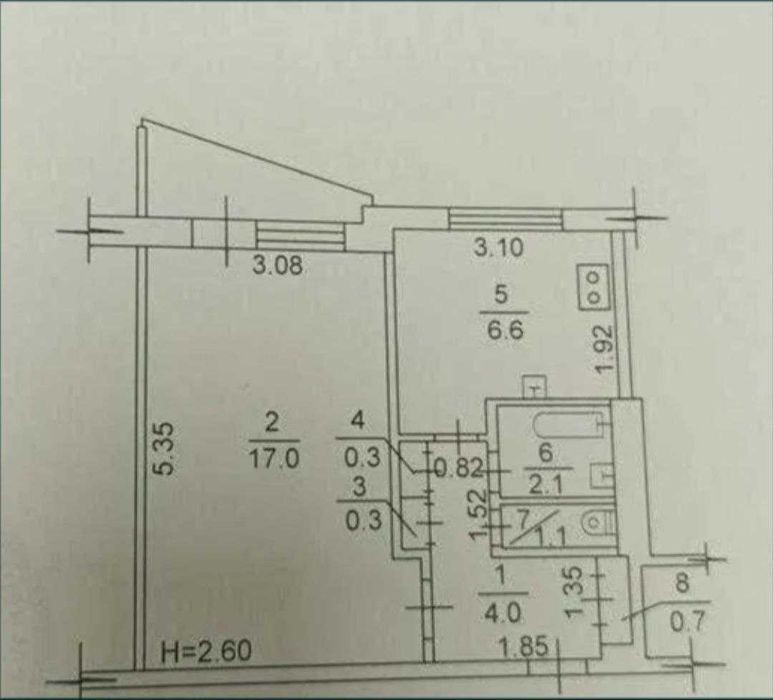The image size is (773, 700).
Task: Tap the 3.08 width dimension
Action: tap(278, 266)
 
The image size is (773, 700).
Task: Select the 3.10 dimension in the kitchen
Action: tap(498, 247)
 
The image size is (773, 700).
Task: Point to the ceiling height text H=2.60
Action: tap(206, 651)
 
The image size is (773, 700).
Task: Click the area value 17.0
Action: tap(274, 460)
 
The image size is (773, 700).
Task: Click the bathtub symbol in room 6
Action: tap(568, 424)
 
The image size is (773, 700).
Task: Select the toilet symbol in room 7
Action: tap(597, 524)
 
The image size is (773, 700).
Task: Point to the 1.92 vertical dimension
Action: tap(604, 349)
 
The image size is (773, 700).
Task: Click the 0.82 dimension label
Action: tap(458, 469)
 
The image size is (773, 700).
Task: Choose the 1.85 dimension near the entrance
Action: tap(524, 646)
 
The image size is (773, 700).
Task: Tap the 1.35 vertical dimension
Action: tap(574, 592)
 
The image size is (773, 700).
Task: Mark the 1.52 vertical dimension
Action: tap(479, 515)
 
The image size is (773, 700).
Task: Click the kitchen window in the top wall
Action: tap(505, 218)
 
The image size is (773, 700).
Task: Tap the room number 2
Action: tap(272, 423)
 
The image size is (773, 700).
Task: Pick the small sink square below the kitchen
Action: tap(534, 386)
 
